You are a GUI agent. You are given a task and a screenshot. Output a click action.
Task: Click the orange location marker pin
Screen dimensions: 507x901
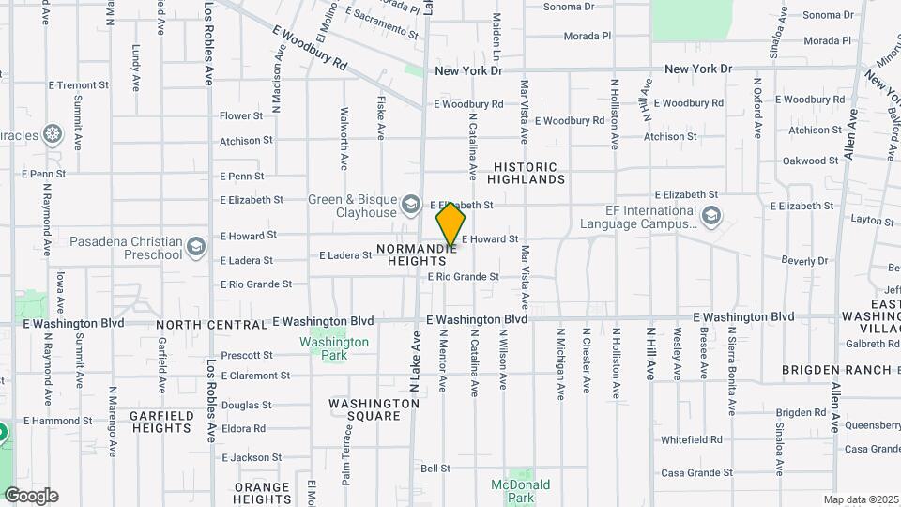450,224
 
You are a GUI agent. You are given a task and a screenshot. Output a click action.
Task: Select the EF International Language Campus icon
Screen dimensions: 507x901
711,218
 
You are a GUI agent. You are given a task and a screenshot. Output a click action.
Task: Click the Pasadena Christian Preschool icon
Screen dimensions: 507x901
195,248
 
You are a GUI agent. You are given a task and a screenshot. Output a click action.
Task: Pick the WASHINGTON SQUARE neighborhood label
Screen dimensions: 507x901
374,409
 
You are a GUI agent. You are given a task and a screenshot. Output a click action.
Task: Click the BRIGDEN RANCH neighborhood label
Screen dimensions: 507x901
837,370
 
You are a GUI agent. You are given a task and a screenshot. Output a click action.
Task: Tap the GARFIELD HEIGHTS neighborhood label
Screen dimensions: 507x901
161,422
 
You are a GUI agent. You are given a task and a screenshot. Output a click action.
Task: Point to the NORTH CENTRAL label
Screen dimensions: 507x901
211,325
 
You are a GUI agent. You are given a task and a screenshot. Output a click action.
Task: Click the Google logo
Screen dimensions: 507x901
31,496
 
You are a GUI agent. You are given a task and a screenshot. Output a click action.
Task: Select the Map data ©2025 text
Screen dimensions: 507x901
861,499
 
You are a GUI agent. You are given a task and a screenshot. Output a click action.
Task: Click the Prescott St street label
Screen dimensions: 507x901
247,356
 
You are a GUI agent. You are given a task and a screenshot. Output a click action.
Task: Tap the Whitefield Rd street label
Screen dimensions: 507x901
691,439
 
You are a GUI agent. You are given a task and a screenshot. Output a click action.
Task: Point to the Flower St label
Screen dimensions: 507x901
241,116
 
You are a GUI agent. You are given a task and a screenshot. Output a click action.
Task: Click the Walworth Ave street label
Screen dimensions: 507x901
344,150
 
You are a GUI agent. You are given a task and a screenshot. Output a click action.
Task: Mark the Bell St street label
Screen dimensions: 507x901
435,469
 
